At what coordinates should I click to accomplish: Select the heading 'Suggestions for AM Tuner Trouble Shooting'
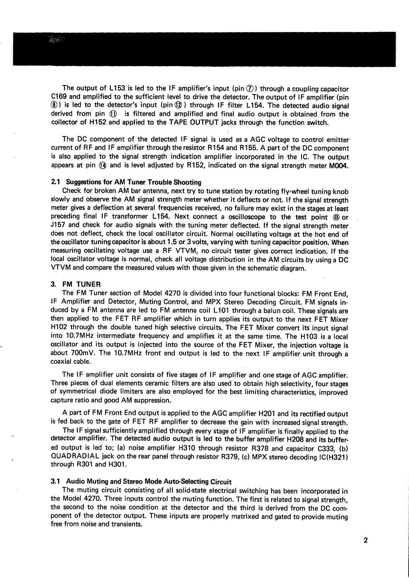pos(134,182)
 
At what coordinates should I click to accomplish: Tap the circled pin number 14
pos(104,166)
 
